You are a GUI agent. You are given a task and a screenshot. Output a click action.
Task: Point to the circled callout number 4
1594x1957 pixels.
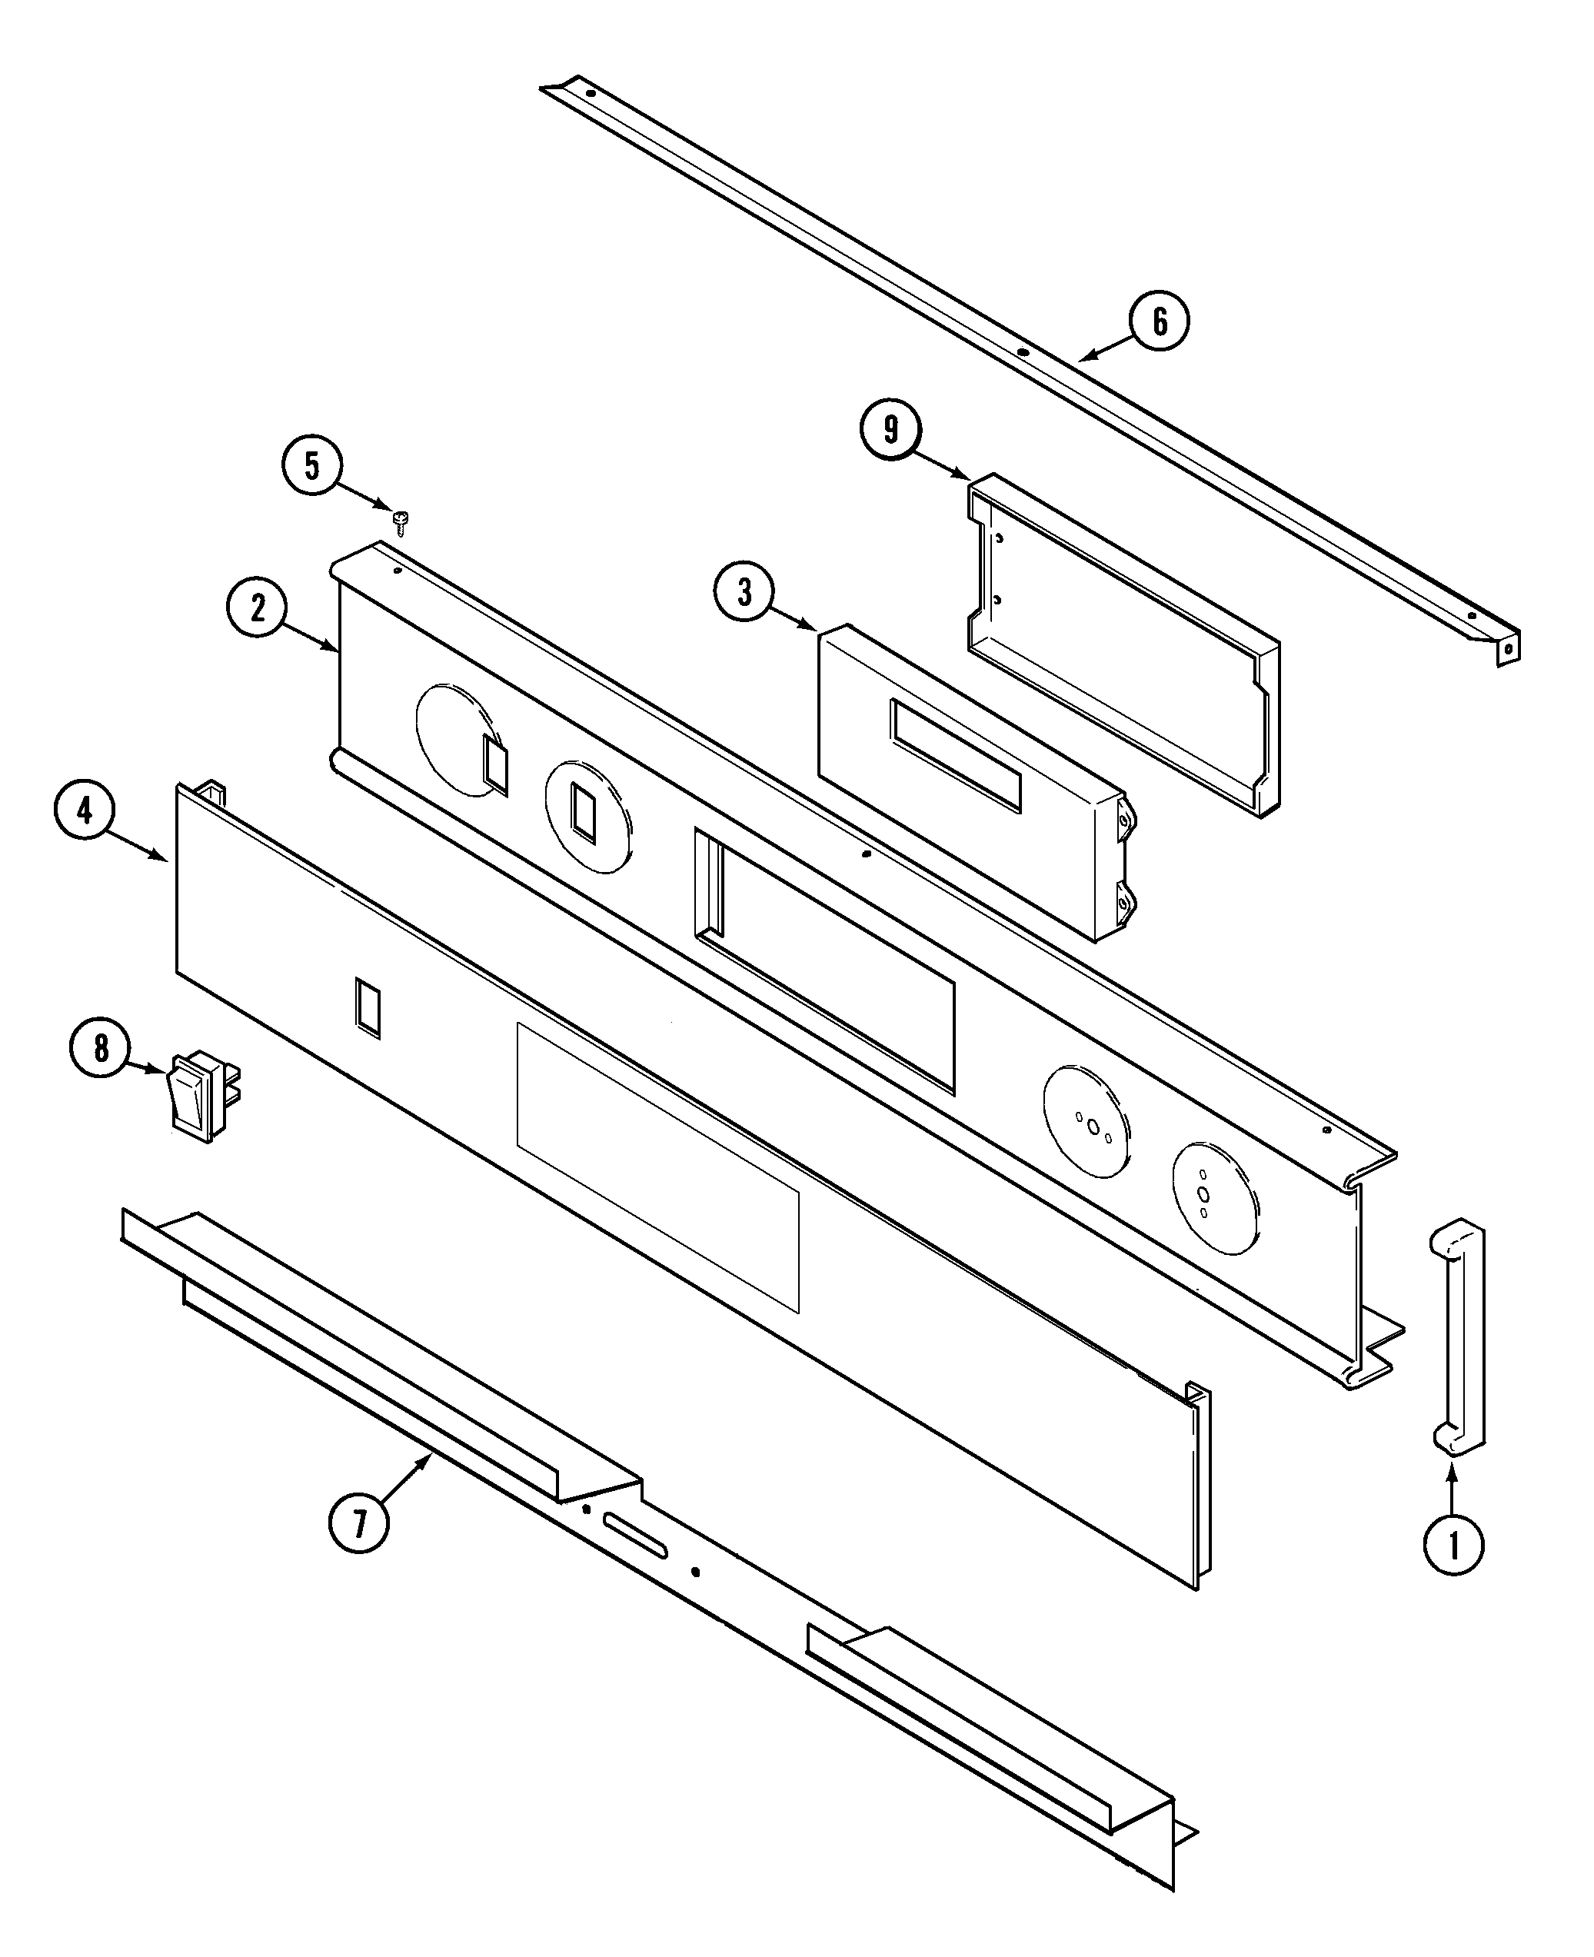coord(85,812)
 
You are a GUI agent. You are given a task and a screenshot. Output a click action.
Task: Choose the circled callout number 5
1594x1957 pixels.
coord(312,467)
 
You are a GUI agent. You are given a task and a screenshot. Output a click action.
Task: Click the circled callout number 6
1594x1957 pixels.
coord(1160,321)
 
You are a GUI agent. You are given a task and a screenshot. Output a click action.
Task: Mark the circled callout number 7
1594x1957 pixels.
coord(359,1523)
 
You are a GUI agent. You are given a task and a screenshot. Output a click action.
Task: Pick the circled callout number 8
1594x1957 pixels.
coord(101,1048)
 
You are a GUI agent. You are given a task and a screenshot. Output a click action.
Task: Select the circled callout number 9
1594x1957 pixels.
coord(890,429)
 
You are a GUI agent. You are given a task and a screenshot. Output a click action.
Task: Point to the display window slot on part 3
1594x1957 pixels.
coord(955,756)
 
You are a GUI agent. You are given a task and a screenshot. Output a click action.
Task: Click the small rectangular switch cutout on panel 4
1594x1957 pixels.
coord(368,1007)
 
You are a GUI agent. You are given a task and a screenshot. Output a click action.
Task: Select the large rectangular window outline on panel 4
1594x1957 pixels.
coord(657,1167)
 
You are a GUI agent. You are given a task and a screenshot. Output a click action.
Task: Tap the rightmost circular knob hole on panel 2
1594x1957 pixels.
coord(1215,1199)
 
